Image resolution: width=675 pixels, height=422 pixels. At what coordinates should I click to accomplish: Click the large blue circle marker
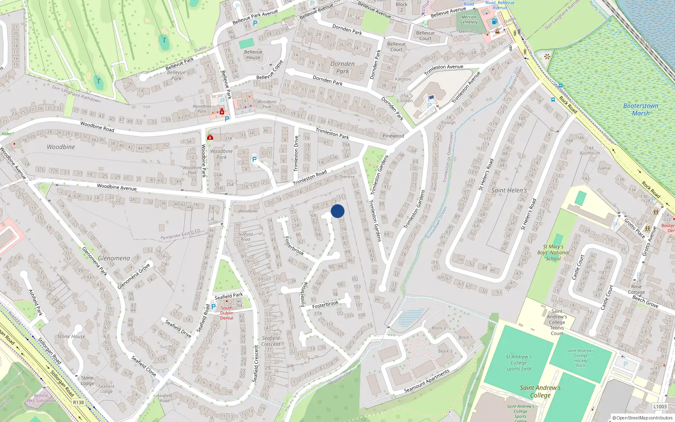(x=337, y=211)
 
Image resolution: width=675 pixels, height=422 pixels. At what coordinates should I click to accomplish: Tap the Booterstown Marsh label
(x=640, y=110)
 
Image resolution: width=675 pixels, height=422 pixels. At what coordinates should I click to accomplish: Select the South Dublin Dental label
(x=227, y=313)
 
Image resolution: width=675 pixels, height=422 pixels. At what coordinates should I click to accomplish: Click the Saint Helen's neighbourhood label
(x=509, y=190)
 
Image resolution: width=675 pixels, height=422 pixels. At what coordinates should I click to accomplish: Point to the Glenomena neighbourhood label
(x=114, y=258)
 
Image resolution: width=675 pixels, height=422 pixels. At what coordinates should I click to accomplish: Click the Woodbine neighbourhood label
(x=61, y=147)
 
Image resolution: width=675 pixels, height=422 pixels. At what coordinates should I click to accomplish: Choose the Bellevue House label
(x=253, y=55)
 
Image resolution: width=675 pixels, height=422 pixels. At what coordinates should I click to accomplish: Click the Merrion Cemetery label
(x=469, y=20)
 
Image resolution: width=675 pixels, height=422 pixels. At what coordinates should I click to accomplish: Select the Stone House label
(x=71, y=336)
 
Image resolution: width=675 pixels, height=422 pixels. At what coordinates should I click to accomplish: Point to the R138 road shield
(x=78, y=402)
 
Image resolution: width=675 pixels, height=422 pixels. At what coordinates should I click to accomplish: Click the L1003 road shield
(x=660, y=407)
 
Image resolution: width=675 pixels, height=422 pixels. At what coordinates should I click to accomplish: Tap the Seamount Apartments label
(x=427, y=381)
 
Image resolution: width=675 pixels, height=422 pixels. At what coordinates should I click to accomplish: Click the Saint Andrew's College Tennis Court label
(x=557, y=322)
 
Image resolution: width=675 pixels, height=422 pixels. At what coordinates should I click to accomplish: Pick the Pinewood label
(x=393, y=136)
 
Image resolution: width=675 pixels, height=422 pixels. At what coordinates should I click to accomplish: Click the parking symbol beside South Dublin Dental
(x=213, y=307)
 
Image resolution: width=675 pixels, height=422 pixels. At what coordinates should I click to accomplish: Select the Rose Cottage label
(x=636, y=289)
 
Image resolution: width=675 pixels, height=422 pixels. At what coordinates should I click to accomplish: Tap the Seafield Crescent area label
(x=270, y=341)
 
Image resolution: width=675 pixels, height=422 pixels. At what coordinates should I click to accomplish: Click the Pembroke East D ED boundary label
(x=180, y=235)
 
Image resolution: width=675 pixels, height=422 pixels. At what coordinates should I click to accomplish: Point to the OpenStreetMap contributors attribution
(x=642, y=418)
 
